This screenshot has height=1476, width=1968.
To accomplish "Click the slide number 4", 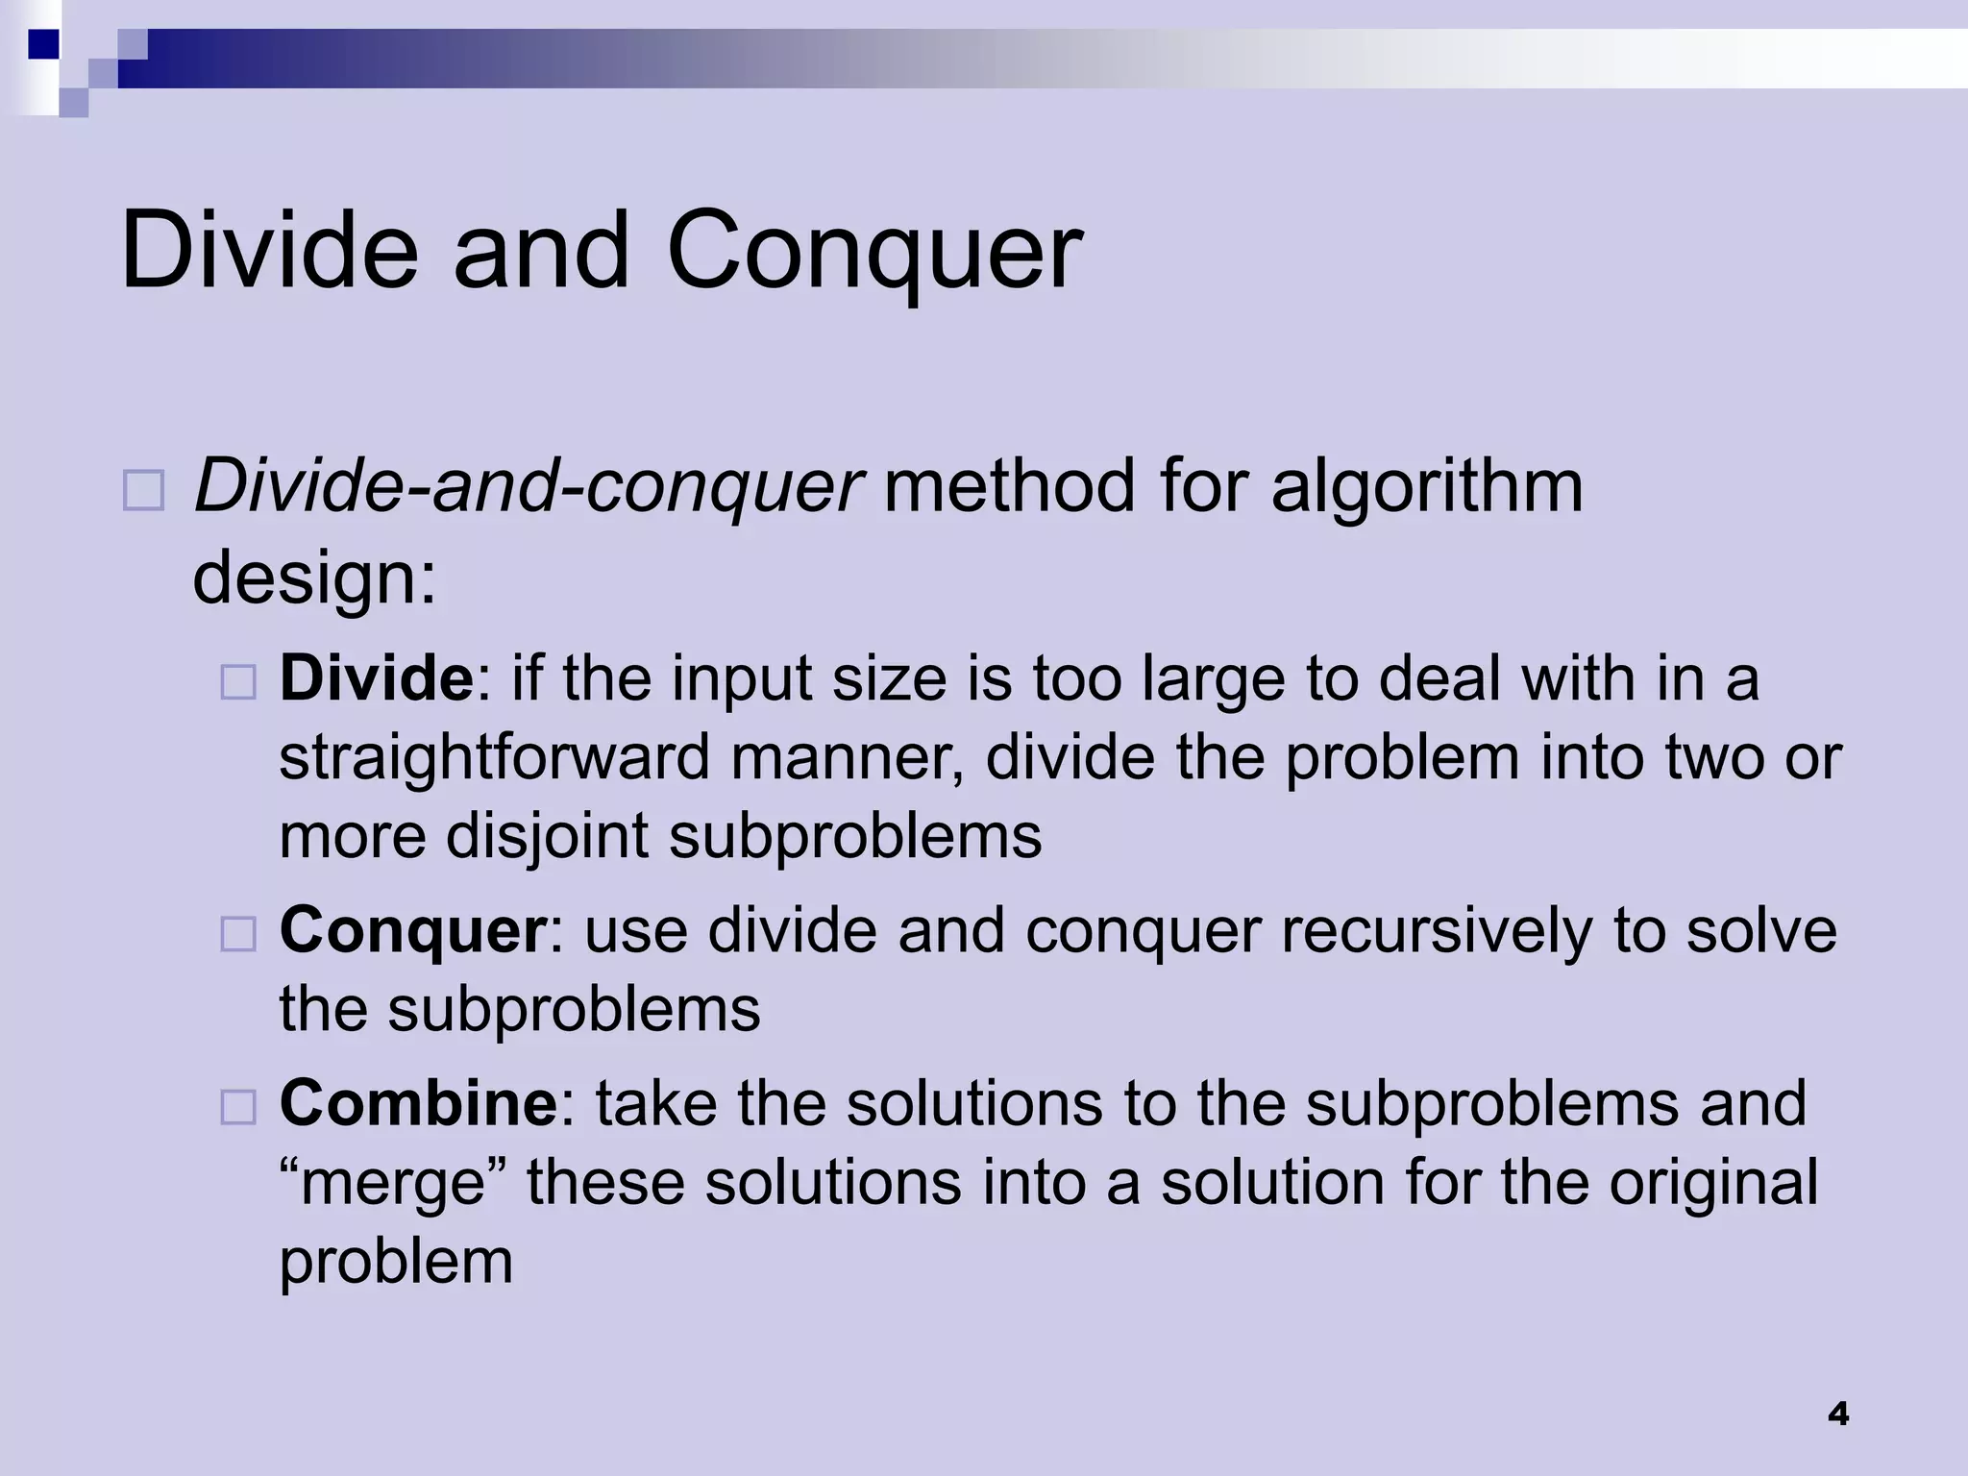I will pyautogui.click(x=1837, y=1414).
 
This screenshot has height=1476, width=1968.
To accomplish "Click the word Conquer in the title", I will pyautogui.click(x=873, y=252).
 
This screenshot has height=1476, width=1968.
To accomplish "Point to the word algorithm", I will pyautogui.click(x=1426, y=486).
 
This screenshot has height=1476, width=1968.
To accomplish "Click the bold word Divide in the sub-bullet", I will pyautogui.click(x=376, y=678).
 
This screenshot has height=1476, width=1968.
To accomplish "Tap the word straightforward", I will pyautogui.click(x=494, y=757).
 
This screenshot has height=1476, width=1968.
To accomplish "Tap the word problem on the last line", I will pyautogui.click(x=396, y=1261).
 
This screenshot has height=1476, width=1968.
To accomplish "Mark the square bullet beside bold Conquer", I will pyautogui.click(x=238, y=934).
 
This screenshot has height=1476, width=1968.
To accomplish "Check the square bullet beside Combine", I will pyautogui.click(x=238, y=1107).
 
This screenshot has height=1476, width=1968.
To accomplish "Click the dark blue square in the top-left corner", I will pyautogui.click(x=42, y=44).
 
